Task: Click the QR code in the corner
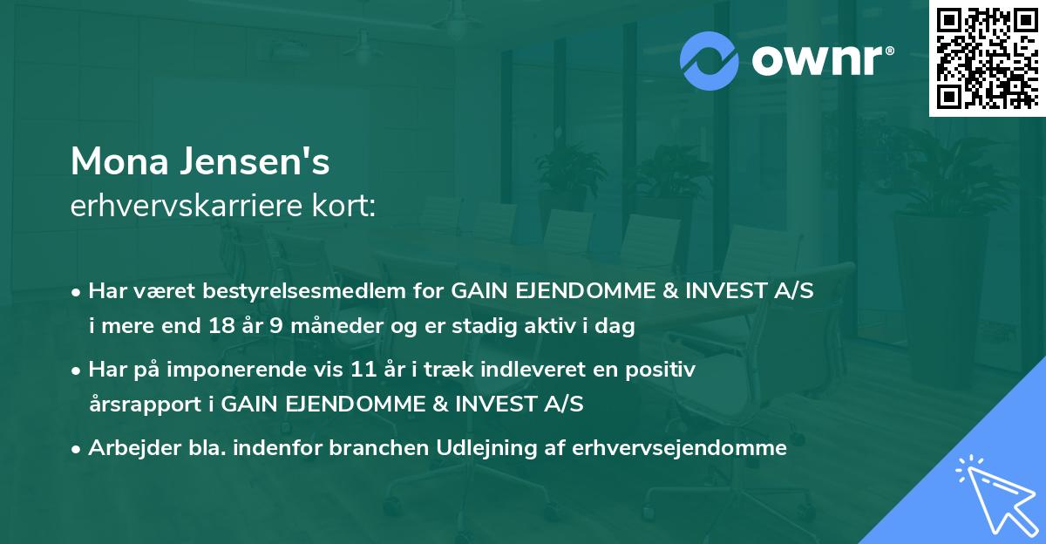coord(987,58)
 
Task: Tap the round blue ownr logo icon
coord(710,60)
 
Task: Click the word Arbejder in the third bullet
coord(125,448)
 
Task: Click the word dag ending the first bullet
coord(616,328)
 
